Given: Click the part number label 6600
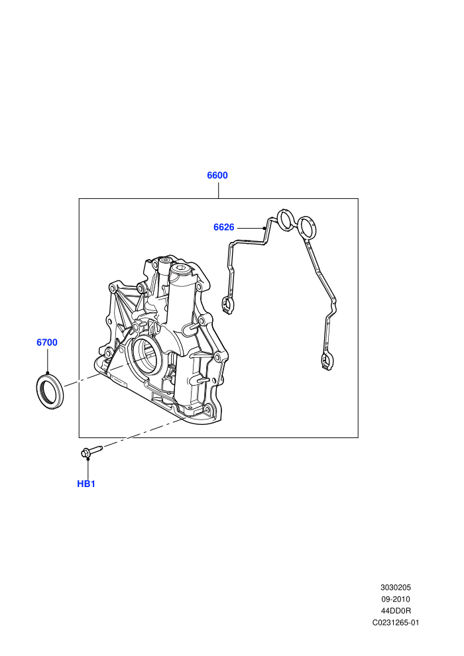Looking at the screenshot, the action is pyautogui.click(x=217, y=176).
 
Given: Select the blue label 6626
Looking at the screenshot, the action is pyautogui.click(x=224, y=227).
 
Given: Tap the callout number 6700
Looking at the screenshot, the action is pyautogui.click(x=47, y=342).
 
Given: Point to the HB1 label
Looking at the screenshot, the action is pyautogui.click(x=86, y=484).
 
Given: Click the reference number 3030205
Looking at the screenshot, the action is pyautogui.click(x=396, y=587).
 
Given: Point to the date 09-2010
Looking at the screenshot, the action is pyautogui.click(x=396, y=599).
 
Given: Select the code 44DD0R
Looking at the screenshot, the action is pyautogui.click(x=396, y=611).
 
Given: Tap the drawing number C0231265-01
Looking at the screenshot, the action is pyautogui.click(x=396, y=622).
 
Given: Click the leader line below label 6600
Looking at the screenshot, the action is pyautogui.click(x=218, y=190).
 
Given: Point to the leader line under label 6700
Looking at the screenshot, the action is pyautogui.click(x=47, y=360).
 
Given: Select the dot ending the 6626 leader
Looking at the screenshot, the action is pyautogui.click(x=264, y=228).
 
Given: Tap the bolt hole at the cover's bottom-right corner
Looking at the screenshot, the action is pyautogui.click(x=207, y=409).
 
